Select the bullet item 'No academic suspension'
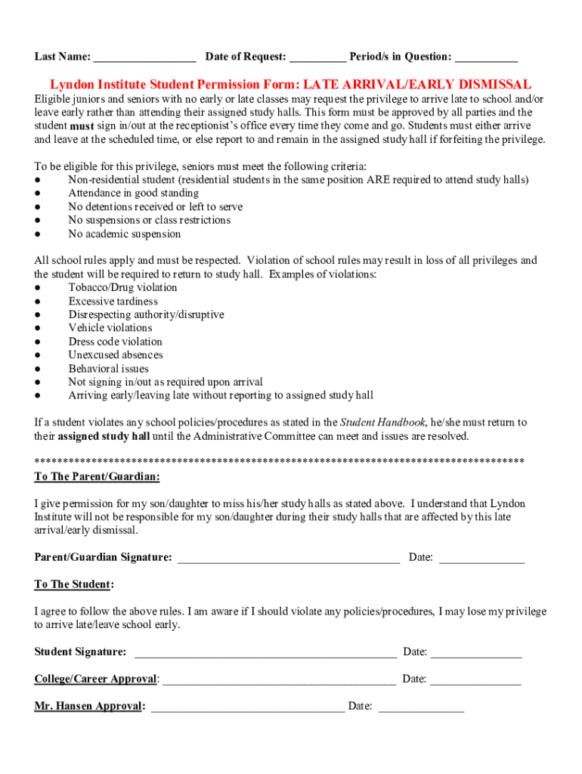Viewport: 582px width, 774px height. (124, 234)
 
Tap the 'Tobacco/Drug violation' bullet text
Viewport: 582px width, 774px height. (122, 288)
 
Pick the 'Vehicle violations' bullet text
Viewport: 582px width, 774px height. (110, 328)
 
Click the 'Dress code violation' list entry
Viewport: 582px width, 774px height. (115, 342)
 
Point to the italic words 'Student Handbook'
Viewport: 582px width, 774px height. (383, 423)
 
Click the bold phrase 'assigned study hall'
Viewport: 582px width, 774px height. (104, 437)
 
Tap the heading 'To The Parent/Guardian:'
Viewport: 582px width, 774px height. (97, 477)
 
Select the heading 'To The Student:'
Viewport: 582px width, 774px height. (74, 585)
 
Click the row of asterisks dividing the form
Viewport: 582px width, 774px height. (280, 460)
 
